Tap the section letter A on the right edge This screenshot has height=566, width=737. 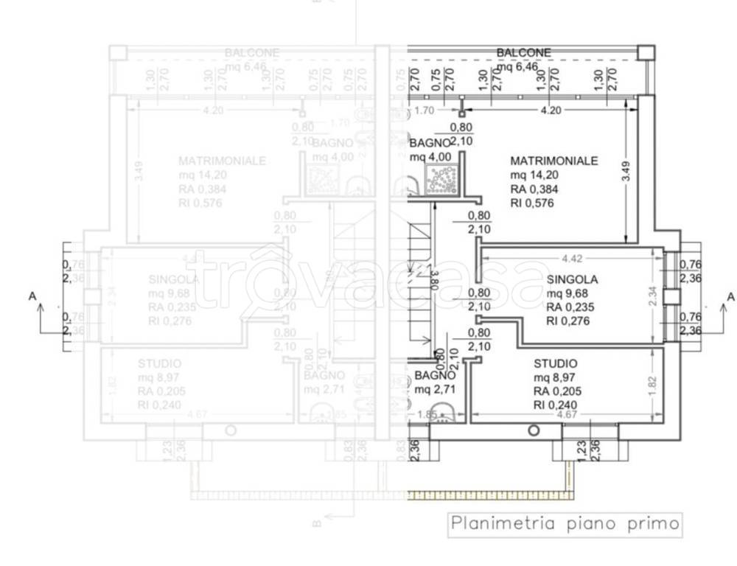[x=730, y=296]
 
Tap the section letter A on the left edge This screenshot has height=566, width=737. [x=31, y=296]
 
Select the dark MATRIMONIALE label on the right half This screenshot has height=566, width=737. [x=553, y=161]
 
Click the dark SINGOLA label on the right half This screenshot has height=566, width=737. [x=572, y=280]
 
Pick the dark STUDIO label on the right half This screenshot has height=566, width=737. [x=556, y=364]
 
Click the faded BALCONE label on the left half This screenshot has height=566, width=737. [x=252, y=53]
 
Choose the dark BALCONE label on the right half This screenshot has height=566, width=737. [x=523, y=53]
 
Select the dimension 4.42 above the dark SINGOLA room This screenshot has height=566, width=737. [x=571, y=259]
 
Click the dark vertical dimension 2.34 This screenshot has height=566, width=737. [x=652, y=297]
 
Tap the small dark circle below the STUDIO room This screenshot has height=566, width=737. [x=534, y=430]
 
